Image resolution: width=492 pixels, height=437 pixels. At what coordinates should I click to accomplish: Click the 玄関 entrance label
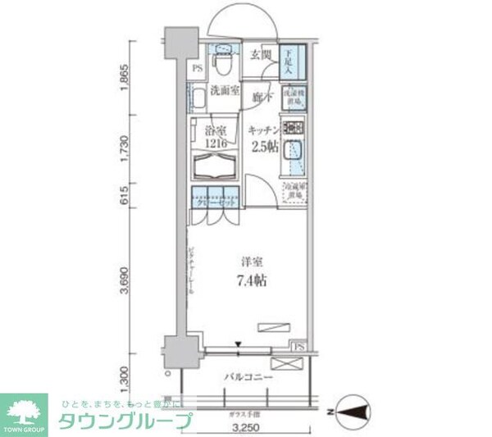point(260,55)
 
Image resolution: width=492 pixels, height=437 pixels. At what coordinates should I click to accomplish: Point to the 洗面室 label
point(222,90)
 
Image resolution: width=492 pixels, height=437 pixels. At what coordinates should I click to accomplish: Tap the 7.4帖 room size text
point(251,280)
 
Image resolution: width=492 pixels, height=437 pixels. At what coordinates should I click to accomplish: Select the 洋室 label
point(251,262)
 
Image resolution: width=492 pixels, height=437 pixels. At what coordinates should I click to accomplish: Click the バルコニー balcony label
point(248,377)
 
